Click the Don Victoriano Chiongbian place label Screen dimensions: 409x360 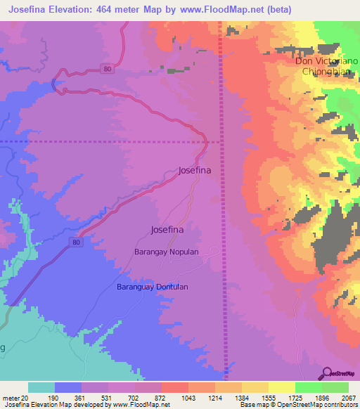tap(326, 66)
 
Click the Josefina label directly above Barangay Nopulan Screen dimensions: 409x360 tap(167, 230)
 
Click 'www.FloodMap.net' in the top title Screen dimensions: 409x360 tap(223, 9)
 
